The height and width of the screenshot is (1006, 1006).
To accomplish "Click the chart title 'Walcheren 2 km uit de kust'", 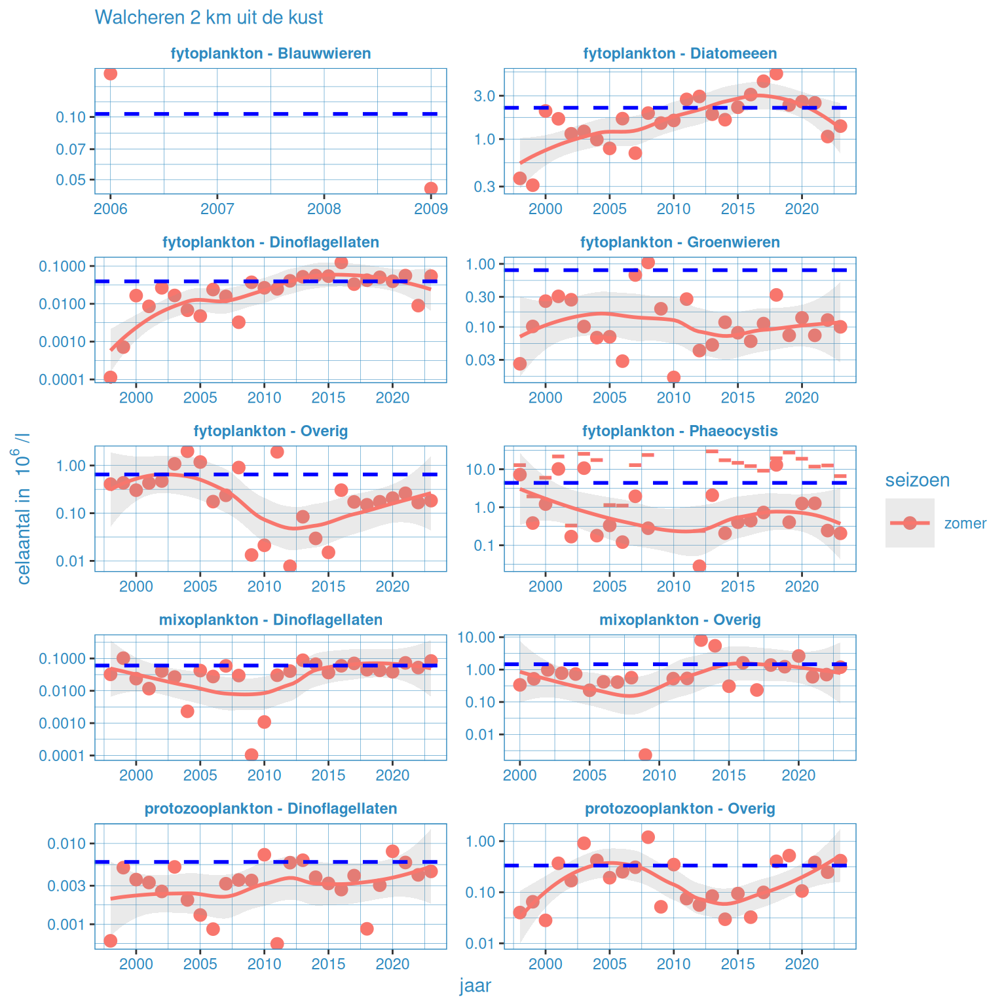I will [209, 18].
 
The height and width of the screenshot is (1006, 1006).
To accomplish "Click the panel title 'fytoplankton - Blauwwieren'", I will [270, 54].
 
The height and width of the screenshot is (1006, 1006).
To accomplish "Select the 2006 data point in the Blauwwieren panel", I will [111, 73].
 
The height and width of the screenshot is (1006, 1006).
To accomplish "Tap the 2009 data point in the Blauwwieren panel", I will [431, 189].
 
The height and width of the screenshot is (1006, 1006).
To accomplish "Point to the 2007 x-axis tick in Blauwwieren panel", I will [217, 209].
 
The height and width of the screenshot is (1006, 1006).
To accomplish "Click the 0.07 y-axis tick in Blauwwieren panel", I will [71, 149].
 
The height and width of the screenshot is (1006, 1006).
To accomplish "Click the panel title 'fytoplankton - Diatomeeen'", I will [680, 54].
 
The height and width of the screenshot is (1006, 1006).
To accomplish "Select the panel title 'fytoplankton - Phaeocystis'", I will [680, 431].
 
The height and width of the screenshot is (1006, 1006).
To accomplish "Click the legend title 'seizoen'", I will [917, 480].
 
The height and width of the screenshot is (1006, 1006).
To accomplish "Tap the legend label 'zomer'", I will [965, 523].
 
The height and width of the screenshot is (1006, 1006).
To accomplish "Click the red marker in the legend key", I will [910, 523].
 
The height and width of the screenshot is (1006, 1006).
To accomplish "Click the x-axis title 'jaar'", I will [475, 986].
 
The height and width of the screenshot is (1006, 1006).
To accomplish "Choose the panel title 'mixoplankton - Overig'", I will [680, 620].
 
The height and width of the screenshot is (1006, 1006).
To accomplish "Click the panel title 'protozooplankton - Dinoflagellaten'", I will [270, 808].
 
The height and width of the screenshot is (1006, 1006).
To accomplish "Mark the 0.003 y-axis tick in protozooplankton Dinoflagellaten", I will [67, 886].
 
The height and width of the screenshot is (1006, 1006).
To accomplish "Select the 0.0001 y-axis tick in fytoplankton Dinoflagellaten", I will [62, 380].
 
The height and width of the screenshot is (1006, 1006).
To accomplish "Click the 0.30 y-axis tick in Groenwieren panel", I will [480, 297].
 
